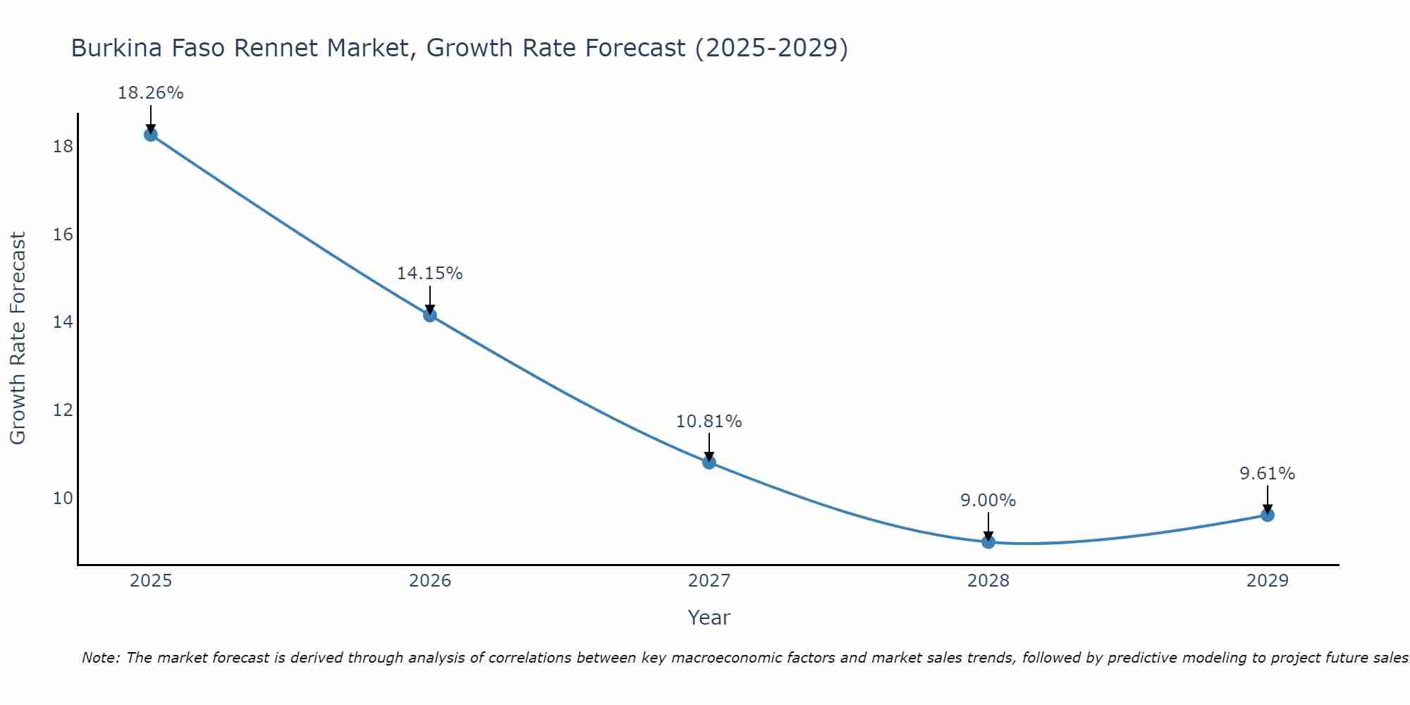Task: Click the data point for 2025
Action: [150, 135]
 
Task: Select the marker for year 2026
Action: [430, 315]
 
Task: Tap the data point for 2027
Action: [709, 462]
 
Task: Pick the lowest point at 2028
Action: [988, 541]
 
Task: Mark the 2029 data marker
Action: [1268, 515]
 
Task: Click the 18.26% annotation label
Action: [150, 93]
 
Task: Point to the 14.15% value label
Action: [429, 274]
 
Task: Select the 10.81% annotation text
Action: [709, 422]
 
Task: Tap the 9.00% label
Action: [988, 501]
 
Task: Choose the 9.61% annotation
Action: [1267, 474]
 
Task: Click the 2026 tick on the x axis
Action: [430, 581]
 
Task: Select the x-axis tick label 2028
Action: [988, 581]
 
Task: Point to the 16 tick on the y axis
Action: [63, 235]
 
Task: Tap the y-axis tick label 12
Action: [63, 410]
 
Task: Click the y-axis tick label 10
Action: [63, 498]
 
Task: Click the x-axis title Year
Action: [709, 618]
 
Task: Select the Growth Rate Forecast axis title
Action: [18, 338]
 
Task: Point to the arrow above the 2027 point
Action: [709, 447]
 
